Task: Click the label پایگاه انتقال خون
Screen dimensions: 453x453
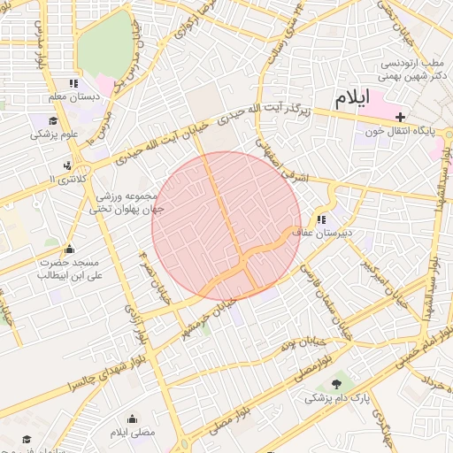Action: click(x=397, y=132)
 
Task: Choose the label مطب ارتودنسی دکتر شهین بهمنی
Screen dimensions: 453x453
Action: click(x=412, y=70)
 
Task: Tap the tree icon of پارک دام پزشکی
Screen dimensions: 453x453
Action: click(x=337, y=383)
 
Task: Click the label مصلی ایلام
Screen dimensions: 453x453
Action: click(x=132, y=432)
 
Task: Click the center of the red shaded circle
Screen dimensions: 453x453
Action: click(x=226, y=226)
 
